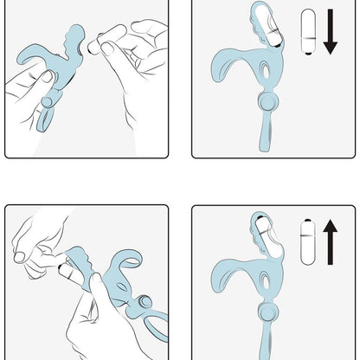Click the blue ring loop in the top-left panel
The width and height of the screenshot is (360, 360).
48,112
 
